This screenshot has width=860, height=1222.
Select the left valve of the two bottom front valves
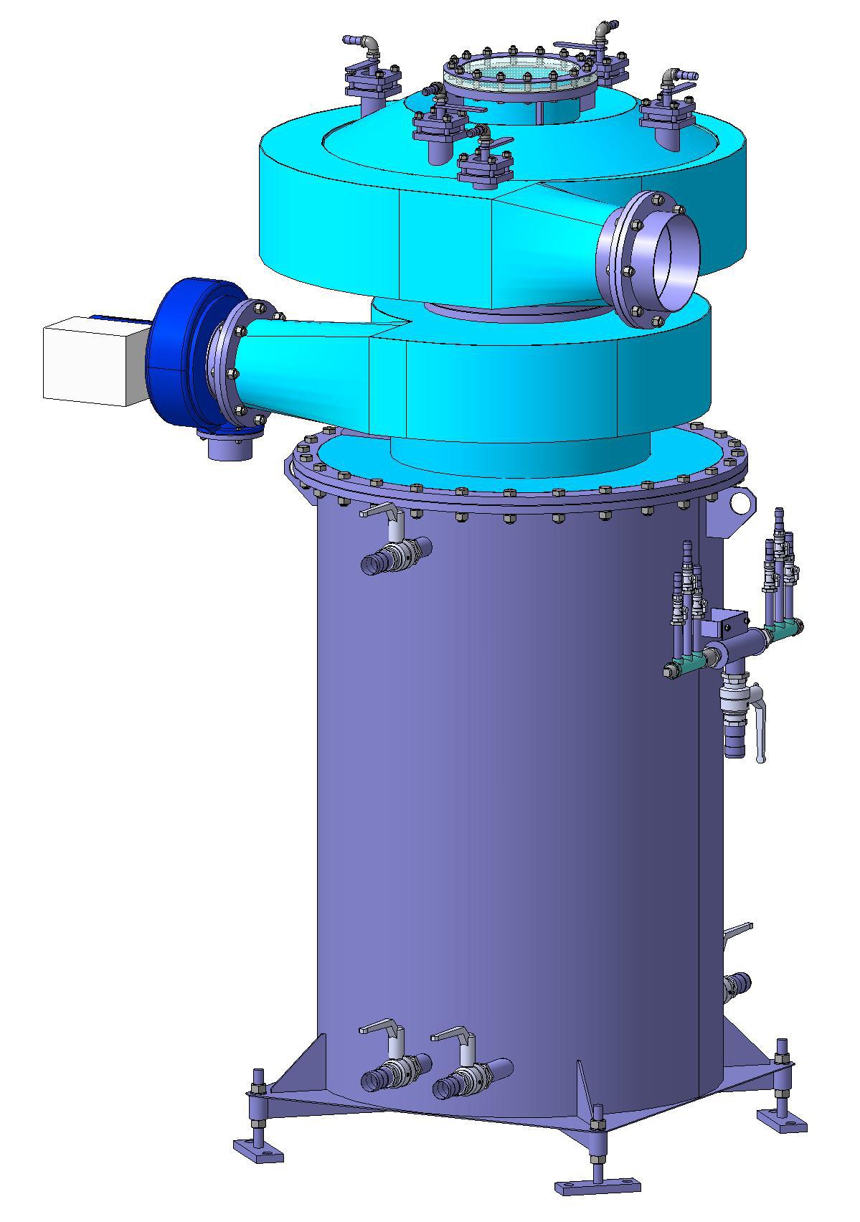point(394,1073)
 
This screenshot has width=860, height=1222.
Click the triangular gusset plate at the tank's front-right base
point(588,1091)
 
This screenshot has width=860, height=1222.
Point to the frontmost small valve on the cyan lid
point(485,166)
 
